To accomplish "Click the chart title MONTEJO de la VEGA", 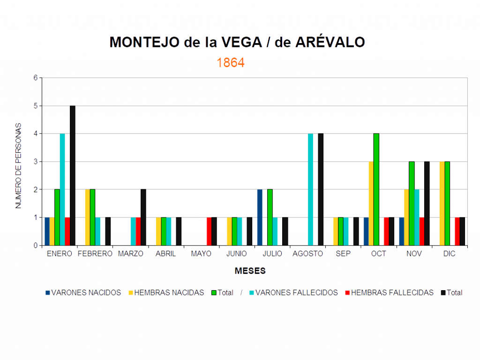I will pos(237,43).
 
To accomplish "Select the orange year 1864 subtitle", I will pos(231,63).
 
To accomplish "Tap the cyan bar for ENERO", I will pos(62,189).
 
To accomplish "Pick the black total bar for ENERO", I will pos(73,175).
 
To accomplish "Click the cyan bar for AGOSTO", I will pos(310,189).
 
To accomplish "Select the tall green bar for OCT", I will pos(376,189).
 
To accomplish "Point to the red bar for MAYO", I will pos(209,231).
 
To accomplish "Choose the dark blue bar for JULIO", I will pos(260,217).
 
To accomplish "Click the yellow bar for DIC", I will pos(442,203).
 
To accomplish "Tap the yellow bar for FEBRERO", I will pos(87,217).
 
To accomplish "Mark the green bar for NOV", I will pos(412,203).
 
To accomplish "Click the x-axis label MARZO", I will pos(130,254).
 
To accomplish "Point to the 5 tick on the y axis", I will pos(36,106).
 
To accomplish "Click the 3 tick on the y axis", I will pos(36,162).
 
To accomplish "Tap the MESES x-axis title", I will pos(251,271).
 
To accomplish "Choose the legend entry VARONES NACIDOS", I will pos(83,292).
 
